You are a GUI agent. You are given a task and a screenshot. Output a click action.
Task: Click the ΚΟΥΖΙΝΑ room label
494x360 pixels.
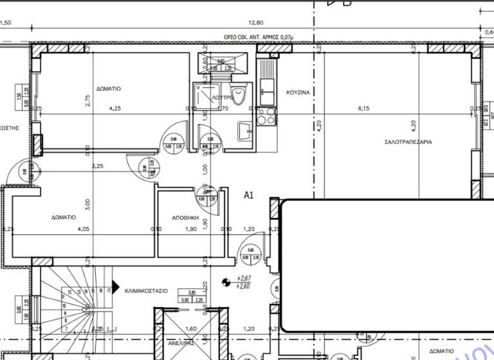[298, 93]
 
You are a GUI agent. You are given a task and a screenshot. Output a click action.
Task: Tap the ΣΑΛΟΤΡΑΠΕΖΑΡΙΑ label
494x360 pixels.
[408, 141]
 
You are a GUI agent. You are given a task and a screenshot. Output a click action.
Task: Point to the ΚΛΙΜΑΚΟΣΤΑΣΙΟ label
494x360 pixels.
[147, 291]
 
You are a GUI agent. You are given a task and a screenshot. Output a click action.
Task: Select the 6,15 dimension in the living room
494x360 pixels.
[365, 109]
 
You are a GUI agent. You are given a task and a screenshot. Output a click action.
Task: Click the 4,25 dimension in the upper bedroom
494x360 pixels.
[115, 109]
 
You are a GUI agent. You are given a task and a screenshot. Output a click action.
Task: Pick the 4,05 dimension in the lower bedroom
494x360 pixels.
[84, 229]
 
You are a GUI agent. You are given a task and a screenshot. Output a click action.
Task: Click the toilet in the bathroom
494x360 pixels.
[239, 95]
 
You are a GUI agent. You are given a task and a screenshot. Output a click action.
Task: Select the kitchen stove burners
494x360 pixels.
[265, 117]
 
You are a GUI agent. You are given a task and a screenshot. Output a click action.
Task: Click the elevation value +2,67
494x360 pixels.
[244, 278]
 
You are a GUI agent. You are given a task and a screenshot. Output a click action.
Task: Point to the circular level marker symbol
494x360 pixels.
[225, 282]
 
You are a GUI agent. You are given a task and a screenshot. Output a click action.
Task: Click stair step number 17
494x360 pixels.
[109, 291]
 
